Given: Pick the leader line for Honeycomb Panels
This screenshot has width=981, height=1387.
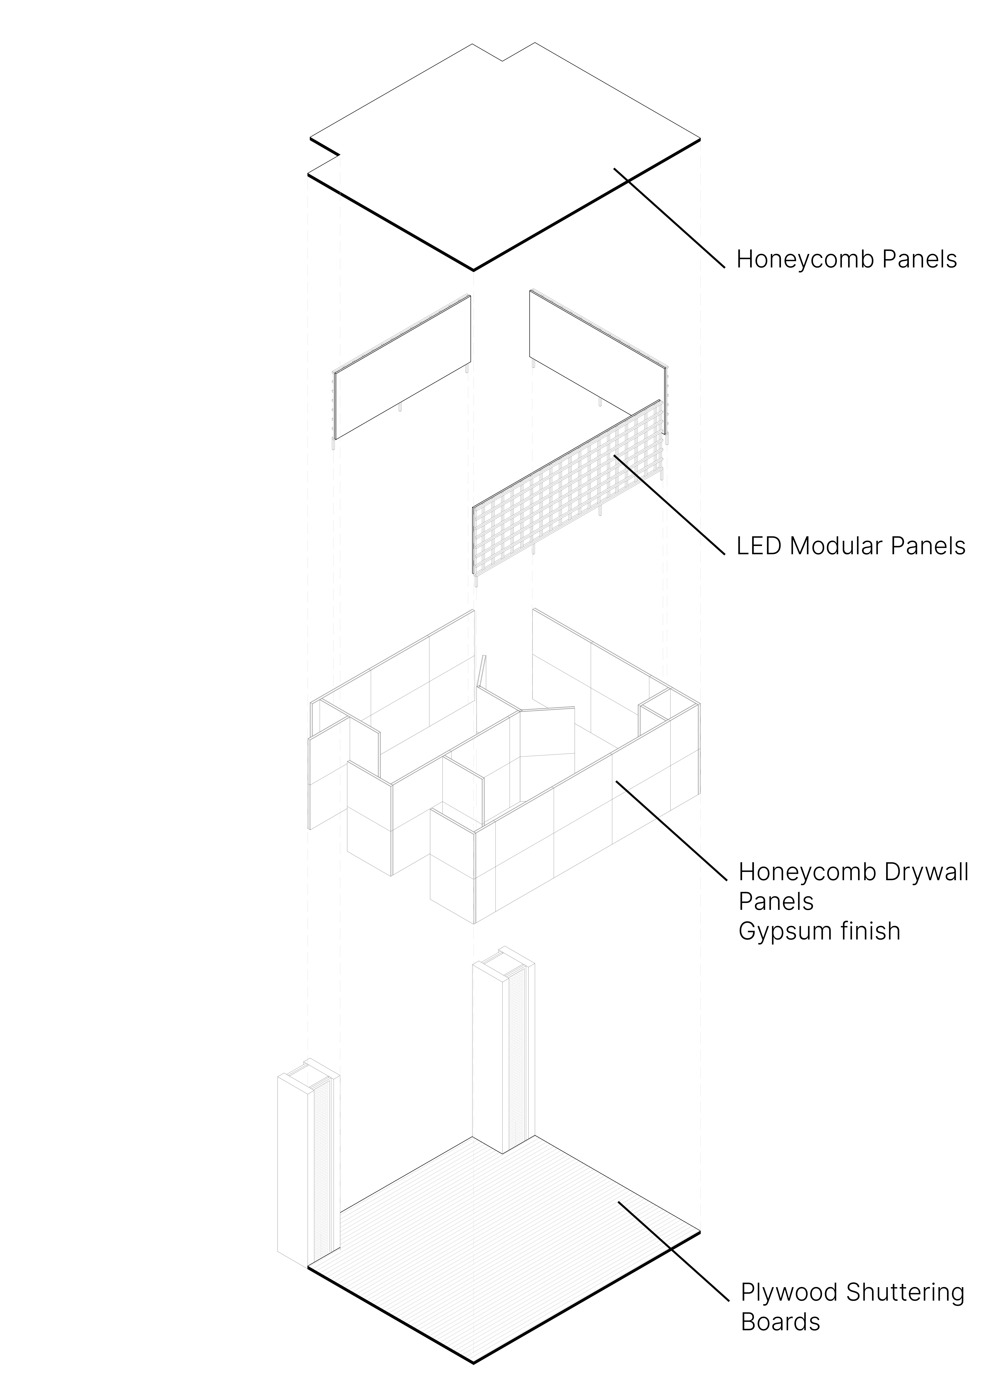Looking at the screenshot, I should [x=670, y=219].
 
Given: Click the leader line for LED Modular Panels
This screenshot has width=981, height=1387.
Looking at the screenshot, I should [x=670, y=504].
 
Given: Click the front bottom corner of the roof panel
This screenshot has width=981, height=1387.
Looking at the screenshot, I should [x=473, y=269].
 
